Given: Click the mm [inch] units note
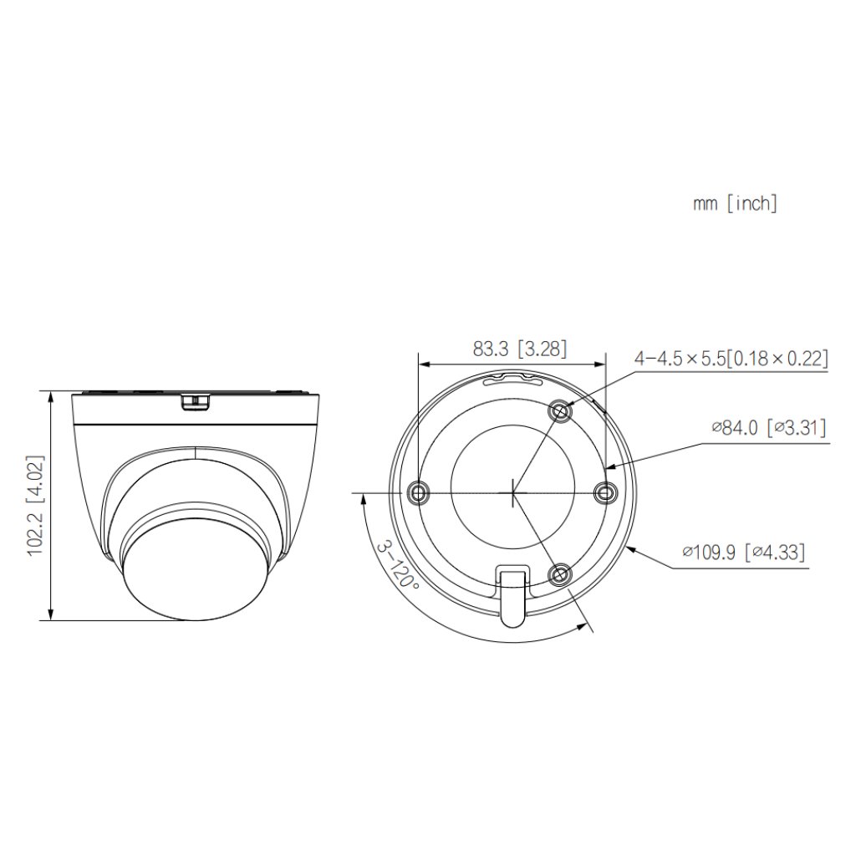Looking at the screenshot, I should pos(735,203).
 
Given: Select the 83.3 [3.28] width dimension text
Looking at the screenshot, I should pos(520,350).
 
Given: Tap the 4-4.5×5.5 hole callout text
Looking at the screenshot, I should pos(731,359).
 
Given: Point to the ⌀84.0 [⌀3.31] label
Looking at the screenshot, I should pos(769,429).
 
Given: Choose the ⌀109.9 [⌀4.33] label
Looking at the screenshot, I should pos(744,553).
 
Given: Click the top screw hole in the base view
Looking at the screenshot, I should pos(560,410).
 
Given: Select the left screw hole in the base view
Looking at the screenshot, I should pos(418,493).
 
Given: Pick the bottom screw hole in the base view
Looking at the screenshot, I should pos(559,573).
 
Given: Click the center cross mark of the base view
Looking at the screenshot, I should pos(512,492).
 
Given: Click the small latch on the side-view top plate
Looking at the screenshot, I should pos(196,401).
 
